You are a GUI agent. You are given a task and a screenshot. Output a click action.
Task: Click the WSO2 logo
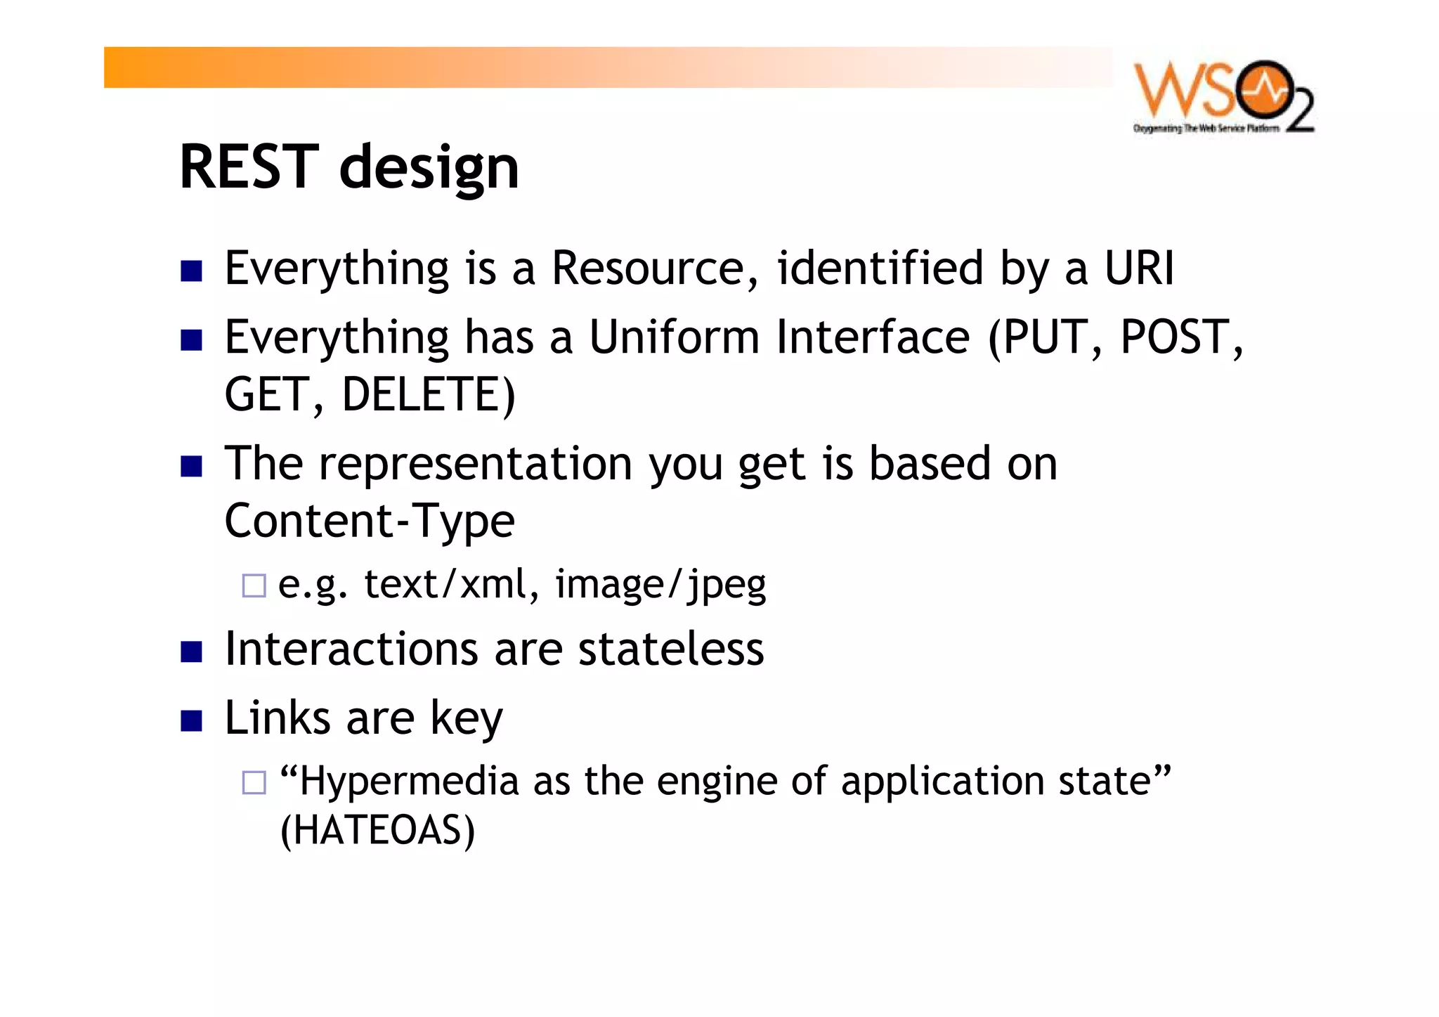pyautogui.click(x=1223, y=97)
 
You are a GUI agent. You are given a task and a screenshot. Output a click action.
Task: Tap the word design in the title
pyautogui.click(x=429, y=169)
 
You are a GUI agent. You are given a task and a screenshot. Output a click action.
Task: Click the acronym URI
pyautogui.click(x=1138, y=268)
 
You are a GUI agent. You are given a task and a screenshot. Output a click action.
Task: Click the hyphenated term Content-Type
pyautogui.click(x=370, y=522)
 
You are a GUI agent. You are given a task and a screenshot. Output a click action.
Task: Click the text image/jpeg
pyautogui.click(x=660, y=585)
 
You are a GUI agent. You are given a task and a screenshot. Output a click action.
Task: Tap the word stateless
pyautogui.click(x=670, y=649)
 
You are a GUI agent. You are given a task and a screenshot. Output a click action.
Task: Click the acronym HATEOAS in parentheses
pyautogui.click(x=377, y=831)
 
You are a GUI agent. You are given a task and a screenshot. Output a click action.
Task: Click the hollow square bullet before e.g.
pyautogui.click(x=254, y=585)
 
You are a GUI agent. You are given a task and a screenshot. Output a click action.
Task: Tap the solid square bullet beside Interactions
pyautogui.click(x=191, y=652)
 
